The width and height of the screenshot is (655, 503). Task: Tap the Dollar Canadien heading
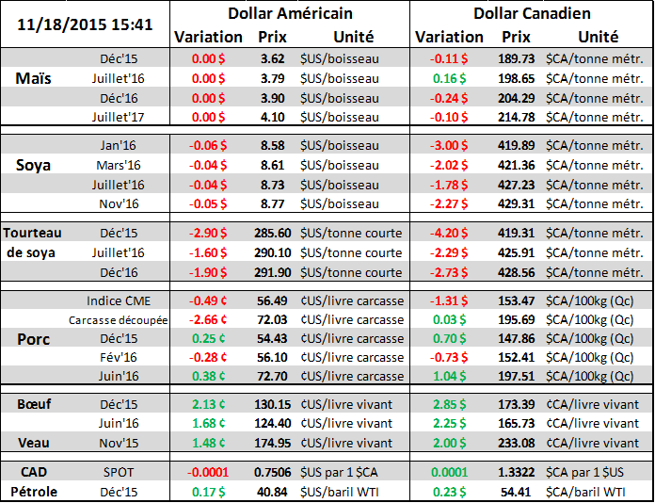coord(532,13)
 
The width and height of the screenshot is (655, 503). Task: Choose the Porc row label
coord(34,338)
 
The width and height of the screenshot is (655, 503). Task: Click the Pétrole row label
coord(35,491)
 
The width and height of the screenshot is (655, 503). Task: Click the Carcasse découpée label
coord(118,319)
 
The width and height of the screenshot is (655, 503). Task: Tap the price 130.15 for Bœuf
coord(272,404)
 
